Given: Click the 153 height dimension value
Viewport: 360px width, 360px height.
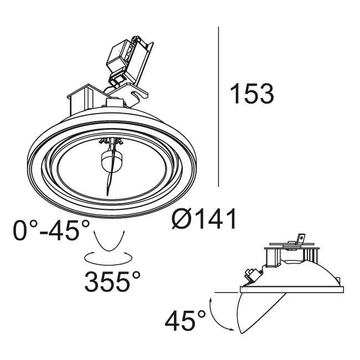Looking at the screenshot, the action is (252, 94).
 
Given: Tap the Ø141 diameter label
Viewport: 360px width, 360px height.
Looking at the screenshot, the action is (204, 218).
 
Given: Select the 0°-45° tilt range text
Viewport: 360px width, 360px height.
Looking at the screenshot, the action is (51, 230).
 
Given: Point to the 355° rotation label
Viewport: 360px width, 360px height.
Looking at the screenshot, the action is (112, 281).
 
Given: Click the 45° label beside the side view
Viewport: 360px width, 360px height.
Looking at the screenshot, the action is (185, 320).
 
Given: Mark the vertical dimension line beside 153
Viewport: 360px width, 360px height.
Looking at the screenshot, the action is (218, 106).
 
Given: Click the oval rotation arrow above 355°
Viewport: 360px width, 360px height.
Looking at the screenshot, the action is (109, 258).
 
